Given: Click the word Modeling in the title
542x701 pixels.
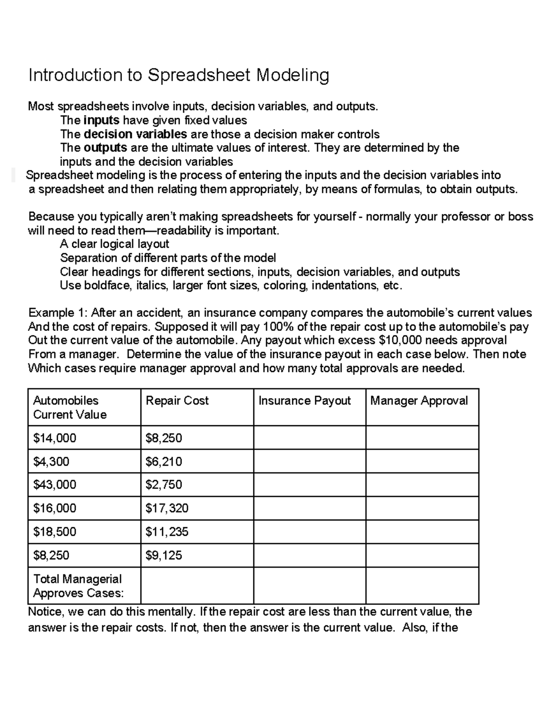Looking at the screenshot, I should (293, 75).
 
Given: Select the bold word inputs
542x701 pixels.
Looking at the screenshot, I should (101, 120).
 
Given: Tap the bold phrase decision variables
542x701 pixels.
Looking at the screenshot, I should (135, 134).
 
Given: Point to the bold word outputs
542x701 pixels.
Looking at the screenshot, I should (105, 148).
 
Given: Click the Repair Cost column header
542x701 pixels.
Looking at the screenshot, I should (177, 400).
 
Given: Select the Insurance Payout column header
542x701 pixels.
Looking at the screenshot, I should (304, 400).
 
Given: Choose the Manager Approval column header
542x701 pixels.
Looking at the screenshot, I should (419, 400).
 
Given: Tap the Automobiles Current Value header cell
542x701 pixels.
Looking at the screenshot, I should (70, 407).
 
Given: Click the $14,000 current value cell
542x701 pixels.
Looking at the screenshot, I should (55, 438).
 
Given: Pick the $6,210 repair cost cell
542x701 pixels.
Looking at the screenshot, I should (164, 461).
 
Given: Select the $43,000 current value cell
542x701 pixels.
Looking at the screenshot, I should (55, 485).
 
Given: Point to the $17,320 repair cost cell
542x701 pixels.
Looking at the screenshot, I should (167, 508).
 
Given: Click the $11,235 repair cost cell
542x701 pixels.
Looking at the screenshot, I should (167, 532).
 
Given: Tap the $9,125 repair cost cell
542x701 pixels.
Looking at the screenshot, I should (164, 555).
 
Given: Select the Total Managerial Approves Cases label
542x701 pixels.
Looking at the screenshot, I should (78, 586).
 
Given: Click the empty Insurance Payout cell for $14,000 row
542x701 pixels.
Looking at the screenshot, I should (309, 438).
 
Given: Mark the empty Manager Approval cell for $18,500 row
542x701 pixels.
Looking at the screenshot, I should (422, 532).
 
